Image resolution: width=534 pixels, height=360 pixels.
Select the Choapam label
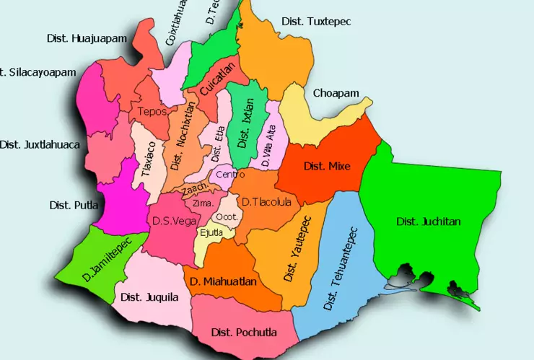pos(336,93)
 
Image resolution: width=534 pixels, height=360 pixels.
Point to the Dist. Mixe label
pos(327,167)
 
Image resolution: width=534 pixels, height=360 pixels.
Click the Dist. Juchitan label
pos(428,221)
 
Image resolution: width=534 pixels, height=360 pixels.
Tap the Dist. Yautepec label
pos(297,248)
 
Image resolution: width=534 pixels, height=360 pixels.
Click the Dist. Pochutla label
pos(244,333)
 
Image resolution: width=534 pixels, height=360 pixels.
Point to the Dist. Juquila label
pos(149,297)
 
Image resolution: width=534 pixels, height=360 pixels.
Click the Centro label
pos(230,174)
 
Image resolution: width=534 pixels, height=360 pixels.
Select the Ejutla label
pos(212,232)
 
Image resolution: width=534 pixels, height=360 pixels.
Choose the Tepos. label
pos(152,112)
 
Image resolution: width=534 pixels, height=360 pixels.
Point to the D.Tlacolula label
pos(266,202)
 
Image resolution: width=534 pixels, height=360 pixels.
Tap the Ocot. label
pos(227,216)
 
